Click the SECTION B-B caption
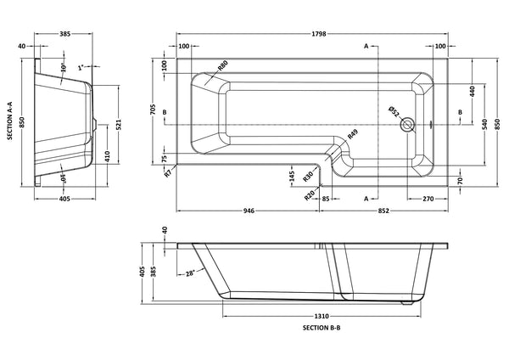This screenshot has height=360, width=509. pyautogui.click(x=322, y=327)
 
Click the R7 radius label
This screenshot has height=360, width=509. pyautogui.click(x=169, y=172)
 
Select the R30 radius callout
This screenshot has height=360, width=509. pyautogui.click(x=310, y=173)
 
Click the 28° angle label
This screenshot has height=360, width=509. pyautogui.click(x=192, y=273)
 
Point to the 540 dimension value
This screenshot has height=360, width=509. pyautogui.click(x=484, y=124)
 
